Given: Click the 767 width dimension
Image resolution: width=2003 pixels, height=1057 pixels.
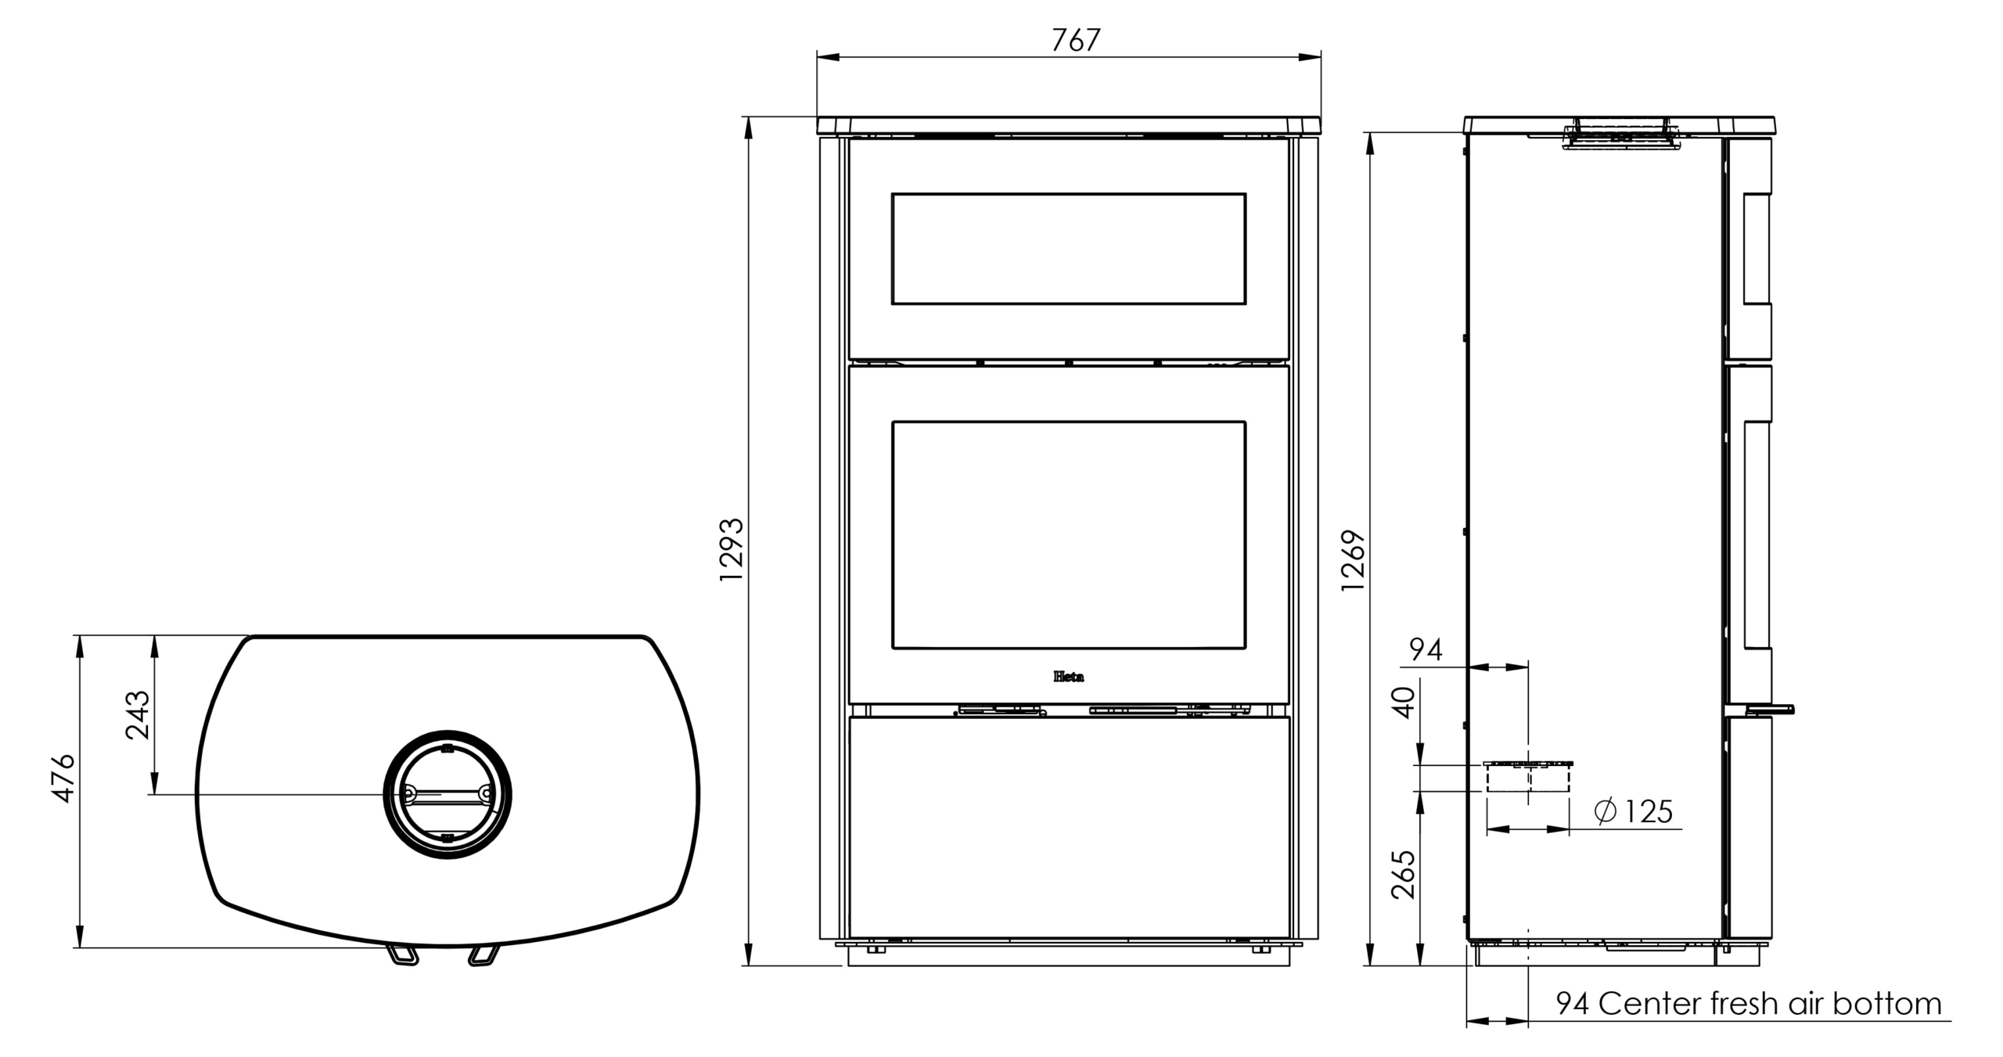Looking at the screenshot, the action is pos(1076,40).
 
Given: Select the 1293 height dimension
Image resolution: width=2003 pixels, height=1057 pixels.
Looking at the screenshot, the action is pos(732,549).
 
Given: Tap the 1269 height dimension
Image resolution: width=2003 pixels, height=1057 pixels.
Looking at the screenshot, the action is pos(1353,561).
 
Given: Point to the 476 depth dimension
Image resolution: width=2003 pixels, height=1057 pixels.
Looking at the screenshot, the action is pos(63,778).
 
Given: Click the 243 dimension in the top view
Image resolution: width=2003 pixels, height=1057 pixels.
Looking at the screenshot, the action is pos(138,714).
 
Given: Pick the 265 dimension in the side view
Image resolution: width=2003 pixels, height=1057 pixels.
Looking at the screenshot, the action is pos(1404,875).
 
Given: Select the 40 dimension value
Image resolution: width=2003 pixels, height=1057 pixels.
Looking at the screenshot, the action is pos(1404,703).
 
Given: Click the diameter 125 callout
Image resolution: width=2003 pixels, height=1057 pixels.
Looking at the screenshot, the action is pos(1634,811).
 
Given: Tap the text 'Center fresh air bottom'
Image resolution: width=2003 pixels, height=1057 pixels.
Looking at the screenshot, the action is pos(1770,1004).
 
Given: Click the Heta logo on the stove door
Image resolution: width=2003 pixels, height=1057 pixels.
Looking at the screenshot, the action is pos(1069,677).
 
